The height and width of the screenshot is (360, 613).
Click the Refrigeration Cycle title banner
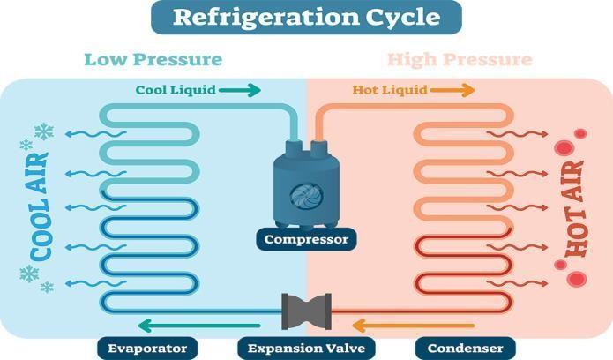[x=306, y=17]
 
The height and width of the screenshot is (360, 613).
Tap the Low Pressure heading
[x=153, y=60]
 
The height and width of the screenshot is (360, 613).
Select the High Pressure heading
[x=459, y=60]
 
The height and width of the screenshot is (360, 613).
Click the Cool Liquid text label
[x=174, y=90]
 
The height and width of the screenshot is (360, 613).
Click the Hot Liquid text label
[x=390, y=90]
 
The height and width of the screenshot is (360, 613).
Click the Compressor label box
[x=306, y=238]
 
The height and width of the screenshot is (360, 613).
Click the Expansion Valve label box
[x=306, y=348]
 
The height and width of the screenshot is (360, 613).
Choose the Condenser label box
[x=465, y=348]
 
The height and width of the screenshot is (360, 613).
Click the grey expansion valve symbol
[x=306, y=310]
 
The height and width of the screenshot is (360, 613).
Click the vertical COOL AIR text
[x=40, y=206]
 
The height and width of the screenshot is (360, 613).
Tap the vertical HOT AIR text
[x=574, y=209]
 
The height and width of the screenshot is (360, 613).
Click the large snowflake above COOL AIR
[x=43, y=132]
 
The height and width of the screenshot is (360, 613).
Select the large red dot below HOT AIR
[x=577, y=280]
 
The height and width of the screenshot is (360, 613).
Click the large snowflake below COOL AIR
[x=29, y=274]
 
